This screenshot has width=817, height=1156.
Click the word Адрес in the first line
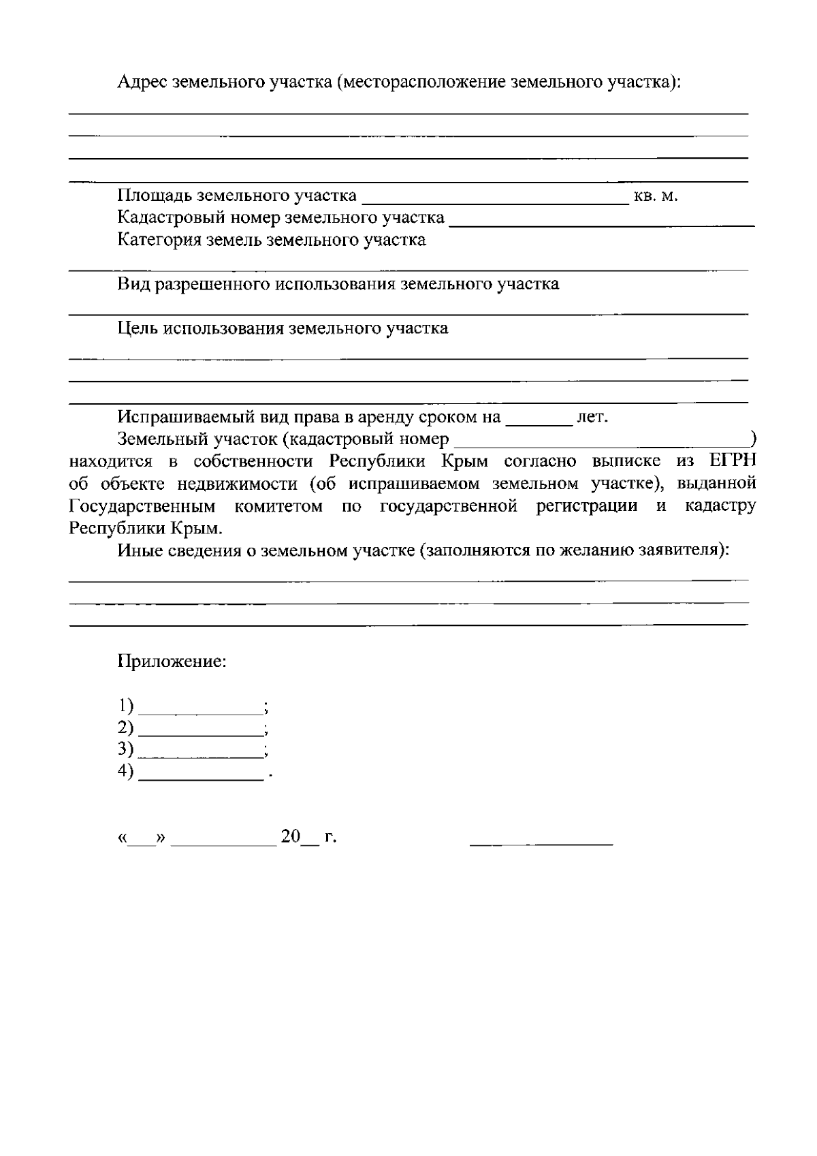click(142, 83)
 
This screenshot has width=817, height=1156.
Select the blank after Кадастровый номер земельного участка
click(602, 221)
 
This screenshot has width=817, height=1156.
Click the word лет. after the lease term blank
click(592, 417)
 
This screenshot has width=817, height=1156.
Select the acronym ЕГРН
click(733, 461)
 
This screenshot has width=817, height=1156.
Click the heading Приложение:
click(172, 661)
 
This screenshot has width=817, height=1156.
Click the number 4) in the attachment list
click(126, 772)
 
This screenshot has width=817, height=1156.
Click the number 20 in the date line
click(290, 837)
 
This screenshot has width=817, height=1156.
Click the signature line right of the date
click(541, 842)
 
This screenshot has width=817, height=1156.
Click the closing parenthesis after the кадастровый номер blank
click(752, 438)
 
